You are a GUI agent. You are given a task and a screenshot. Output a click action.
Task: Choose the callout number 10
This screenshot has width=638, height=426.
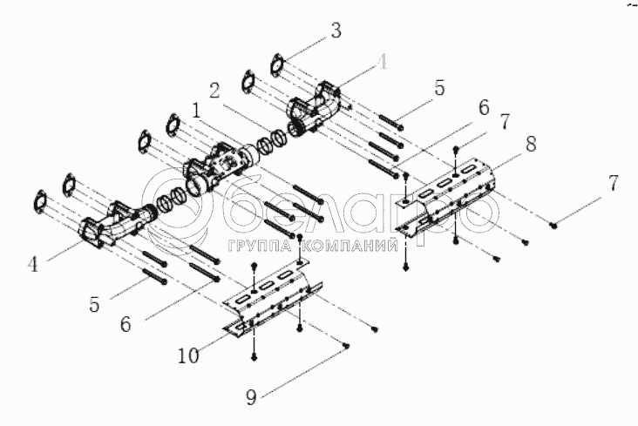(190, 356)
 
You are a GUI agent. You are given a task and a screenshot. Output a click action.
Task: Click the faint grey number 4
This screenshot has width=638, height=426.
(380, 62)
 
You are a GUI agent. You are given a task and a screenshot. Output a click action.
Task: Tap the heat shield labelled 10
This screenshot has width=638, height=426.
(270, 296)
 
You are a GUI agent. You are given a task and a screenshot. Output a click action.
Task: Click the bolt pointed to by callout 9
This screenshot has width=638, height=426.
(347, 346)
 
